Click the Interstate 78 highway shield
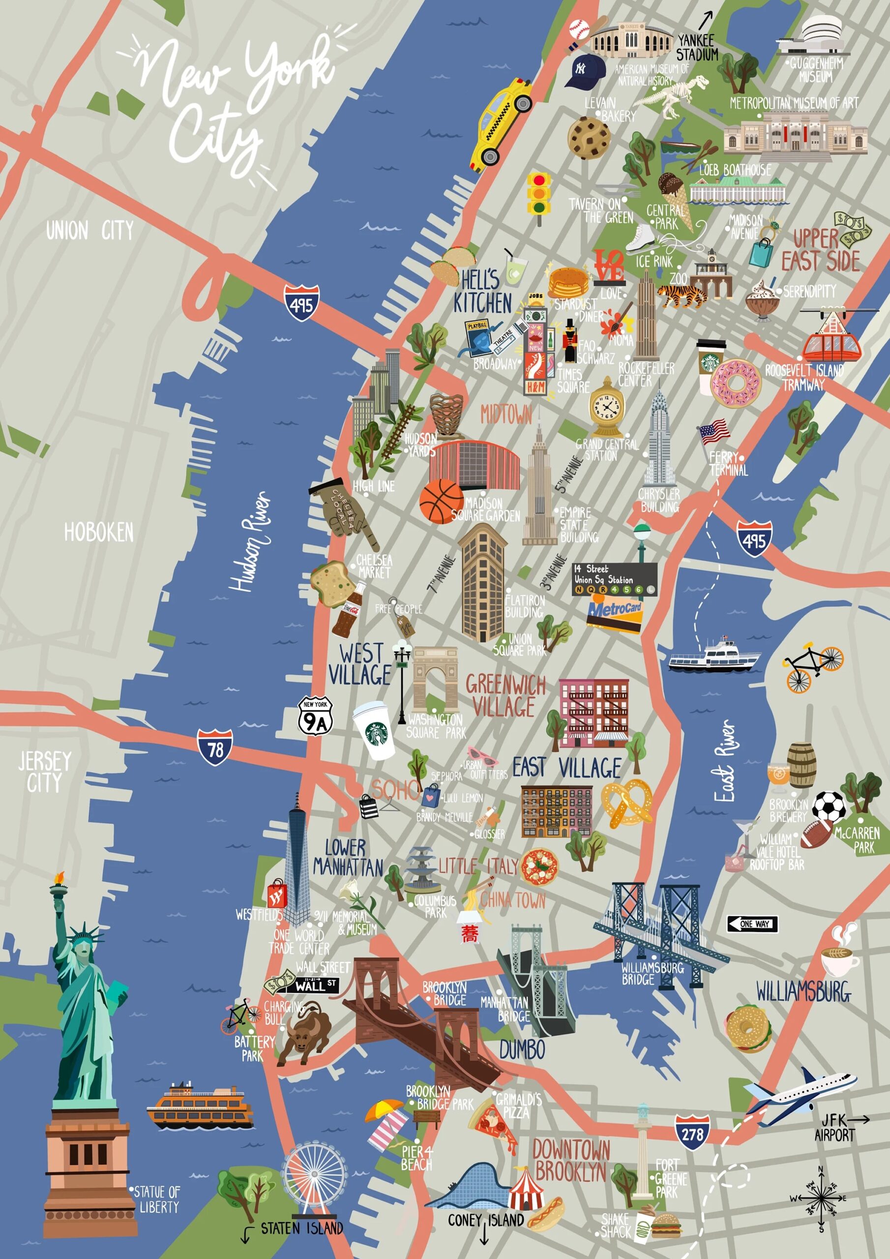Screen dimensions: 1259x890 pyautogui.click(x=215, y=748)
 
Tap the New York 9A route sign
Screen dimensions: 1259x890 pyautogui.click(x=315, y=716)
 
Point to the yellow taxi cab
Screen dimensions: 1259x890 pyautogui.click(x=500, y=122)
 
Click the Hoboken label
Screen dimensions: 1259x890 pyautogui.click(x=99, y=533)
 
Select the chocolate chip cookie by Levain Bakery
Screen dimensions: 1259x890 pyautogui.click(x=589, y=138)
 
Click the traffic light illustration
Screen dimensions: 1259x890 pyautogui.click(x=539, y=195)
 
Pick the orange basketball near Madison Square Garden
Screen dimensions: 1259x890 pyautogui.click(x=442, y=501)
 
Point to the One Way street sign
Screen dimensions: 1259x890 pyautogui.click(x=752, y=924)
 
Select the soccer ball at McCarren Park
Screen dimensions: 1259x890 pyautogui.click(x=829, y=807)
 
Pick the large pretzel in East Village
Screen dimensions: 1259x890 pyautogui.click(x=627, y=802)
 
